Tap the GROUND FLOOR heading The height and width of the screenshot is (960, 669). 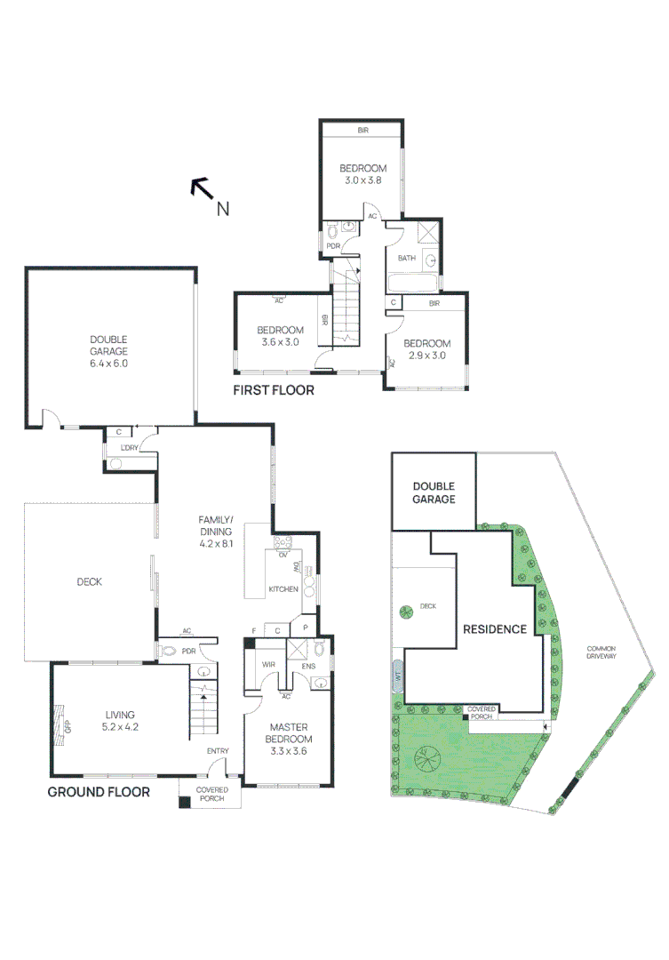pos(98,792)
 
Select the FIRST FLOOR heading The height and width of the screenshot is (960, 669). pos(273,390)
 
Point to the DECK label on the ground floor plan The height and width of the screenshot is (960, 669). pos(89,582)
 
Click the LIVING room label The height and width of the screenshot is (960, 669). pos(120,715)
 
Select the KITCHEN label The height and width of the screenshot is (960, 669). pos(284,590)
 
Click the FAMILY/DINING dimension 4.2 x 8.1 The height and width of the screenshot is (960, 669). pos(215,544)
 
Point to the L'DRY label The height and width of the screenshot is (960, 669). pos(130,448)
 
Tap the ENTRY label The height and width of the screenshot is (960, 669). pos(218,751)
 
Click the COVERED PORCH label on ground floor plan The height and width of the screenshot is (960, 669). pos(212,794)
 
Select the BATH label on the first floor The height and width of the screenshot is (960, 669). pos(407,259)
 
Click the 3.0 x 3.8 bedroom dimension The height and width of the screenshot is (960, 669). pos(362,180)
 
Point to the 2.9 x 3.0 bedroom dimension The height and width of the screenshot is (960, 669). pos(426,356)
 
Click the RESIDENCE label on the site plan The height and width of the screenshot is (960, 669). pos(495,629)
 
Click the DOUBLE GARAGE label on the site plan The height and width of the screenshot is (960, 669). pos(434,492)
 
